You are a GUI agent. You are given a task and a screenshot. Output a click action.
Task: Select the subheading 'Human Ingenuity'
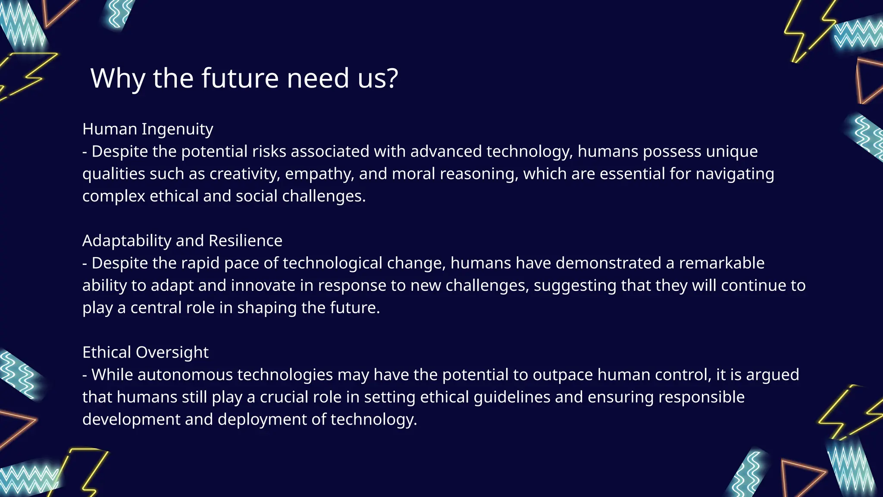point(147,129)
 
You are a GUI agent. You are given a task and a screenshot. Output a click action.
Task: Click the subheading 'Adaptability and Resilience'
point(182,241)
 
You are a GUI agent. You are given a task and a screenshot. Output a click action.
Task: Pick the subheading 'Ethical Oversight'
point(145,352)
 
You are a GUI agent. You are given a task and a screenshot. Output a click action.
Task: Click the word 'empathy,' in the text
point(319,174)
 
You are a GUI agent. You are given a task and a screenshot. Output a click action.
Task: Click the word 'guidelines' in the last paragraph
point(512,397)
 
